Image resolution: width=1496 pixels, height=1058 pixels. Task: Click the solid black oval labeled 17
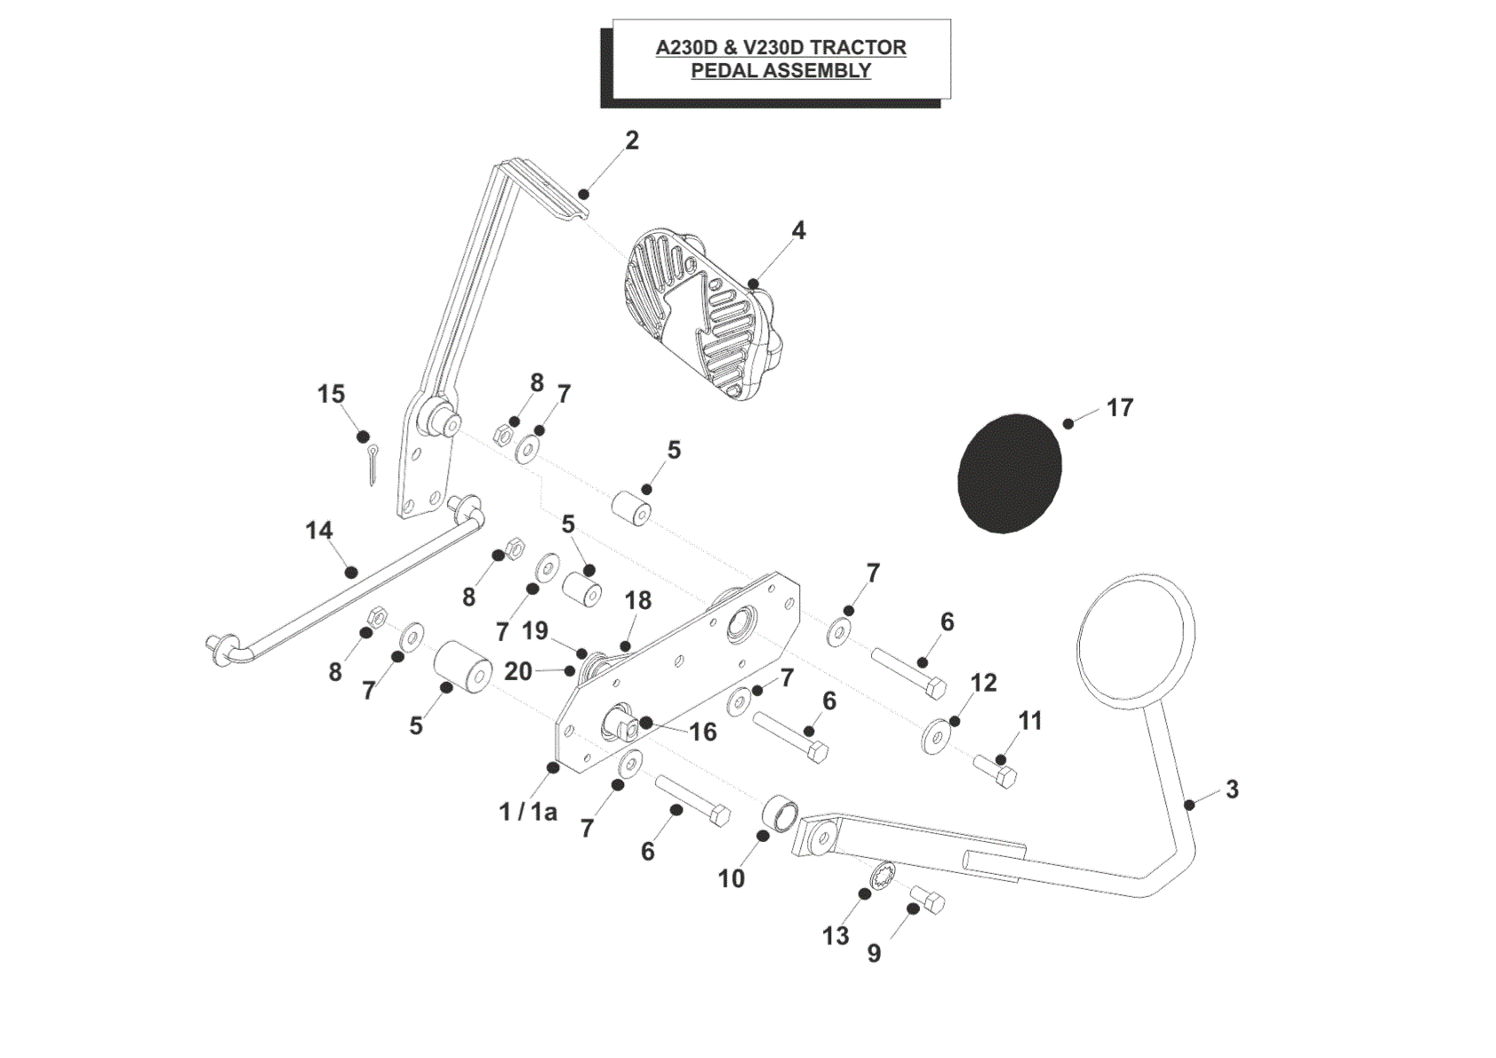[x=1009, y=474]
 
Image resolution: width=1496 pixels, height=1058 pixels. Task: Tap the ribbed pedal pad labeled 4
[x=703, y=314]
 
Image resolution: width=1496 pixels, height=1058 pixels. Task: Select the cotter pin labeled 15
[x=372, y=465]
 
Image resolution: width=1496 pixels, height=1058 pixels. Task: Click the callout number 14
[x=318, y=531]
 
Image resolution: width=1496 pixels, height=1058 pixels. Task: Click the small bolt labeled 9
[x=928, y=900]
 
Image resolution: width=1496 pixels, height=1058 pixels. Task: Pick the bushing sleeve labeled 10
[x=780, y=814]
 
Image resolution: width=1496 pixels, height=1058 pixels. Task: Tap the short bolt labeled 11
[x=995, y=772]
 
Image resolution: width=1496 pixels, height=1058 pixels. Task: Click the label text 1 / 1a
[x=528, y=812]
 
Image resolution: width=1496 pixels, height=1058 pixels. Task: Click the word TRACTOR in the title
[x=858, y=47]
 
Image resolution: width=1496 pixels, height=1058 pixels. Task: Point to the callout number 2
[x=632, y=140]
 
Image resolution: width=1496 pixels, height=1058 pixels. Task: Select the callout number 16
[x=702, y=732]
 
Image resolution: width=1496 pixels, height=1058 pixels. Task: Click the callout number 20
[x=517, y=671]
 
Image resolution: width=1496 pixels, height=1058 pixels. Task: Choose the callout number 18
[x=638, y=600]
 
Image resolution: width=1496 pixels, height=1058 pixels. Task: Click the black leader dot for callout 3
[x=1189, y=805]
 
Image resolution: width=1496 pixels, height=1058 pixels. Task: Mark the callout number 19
[x=535, y=630]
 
